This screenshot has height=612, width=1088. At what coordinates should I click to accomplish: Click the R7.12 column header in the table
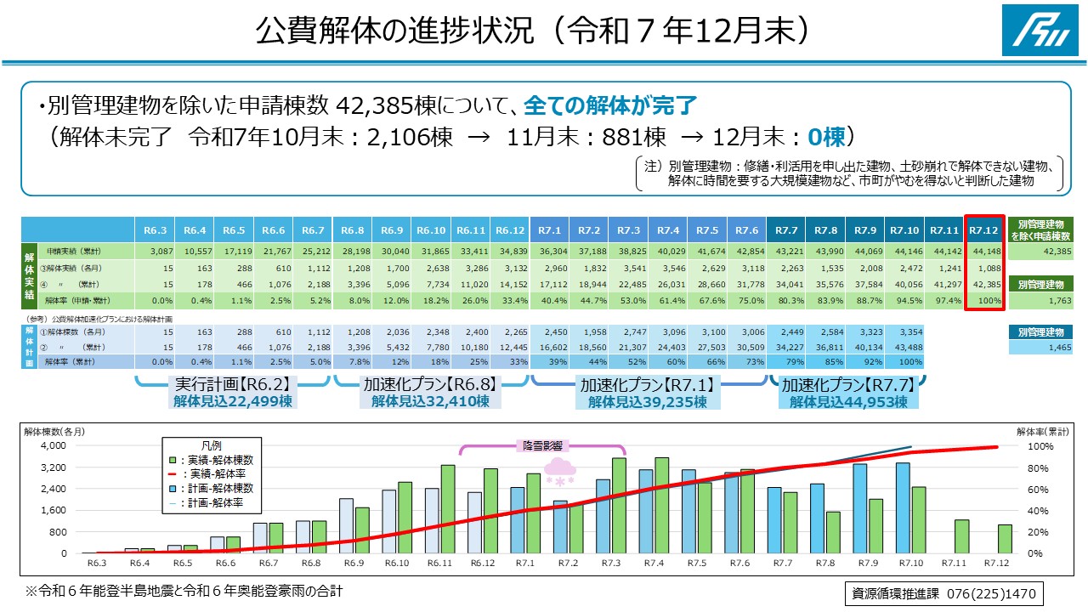pos(984,229)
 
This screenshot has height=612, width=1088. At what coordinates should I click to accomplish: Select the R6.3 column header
pos(154,229)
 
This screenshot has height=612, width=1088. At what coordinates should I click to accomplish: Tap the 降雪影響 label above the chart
pos(542,445)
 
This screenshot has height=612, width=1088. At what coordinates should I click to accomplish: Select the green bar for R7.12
pos(1005,538)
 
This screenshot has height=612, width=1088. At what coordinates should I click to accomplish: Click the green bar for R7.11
pos(962,535)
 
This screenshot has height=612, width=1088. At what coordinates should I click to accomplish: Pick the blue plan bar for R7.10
pos(903,507)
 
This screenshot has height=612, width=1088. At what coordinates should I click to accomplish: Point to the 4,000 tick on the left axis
pos(52,445)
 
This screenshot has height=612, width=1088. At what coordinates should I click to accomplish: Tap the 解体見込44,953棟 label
pos(847,401)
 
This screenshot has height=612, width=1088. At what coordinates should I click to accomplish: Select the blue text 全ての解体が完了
pos(611,105)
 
